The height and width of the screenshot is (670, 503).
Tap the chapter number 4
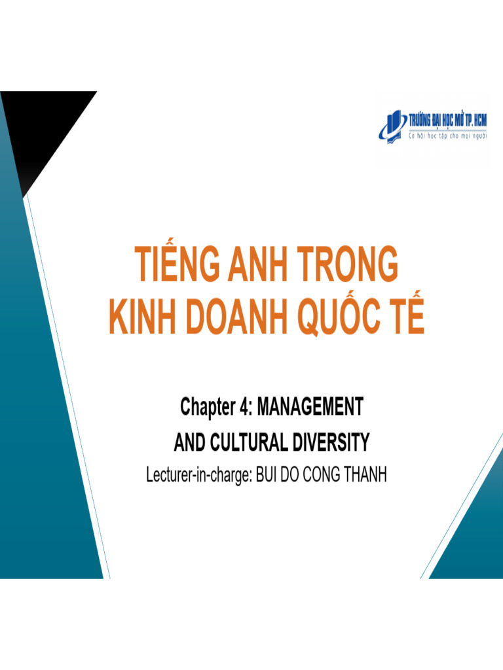(x=244, y=408)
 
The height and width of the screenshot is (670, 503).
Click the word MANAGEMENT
(x=310, y=408)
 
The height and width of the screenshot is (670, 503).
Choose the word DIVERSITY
(x=332, y=444)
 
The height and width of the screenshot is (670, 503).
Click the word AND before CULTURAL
(x=190, y=444)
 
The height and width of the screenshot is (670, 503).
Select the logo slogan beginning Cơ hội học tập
(x=449, y=138)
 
